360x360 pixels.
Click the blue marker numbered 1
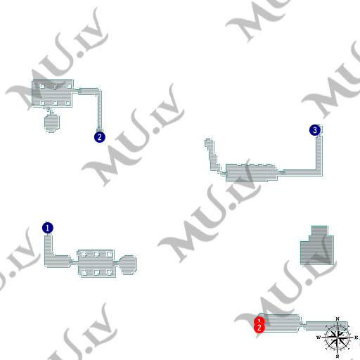coord(48,228)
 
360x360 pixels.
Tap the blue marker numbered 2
coord(99,137)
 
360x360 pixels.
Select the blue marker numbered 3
coord(315,130)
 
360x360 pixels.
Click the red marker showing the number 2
coord(259,328)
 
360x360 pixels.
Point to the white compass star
coord(340,338)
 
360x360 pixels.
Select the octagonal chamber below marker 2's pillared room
coord(51,123)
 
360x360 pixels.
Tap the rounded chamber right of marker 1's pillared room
coord(127,263)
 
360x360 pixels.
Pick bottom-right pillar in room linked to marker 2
coord(67,102)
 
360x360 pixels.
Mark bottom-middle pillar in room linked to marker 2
coord(55,102)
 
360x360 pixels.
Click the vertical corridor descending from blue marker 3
coord(320,151)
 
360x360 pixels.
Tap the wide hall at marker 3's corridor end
coord(250,172)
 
